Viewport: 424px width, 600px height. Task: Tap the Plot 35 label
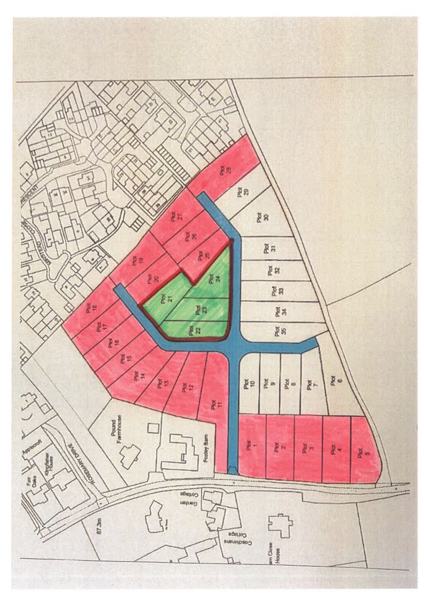pyautogui.click(x=277, y=330)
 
